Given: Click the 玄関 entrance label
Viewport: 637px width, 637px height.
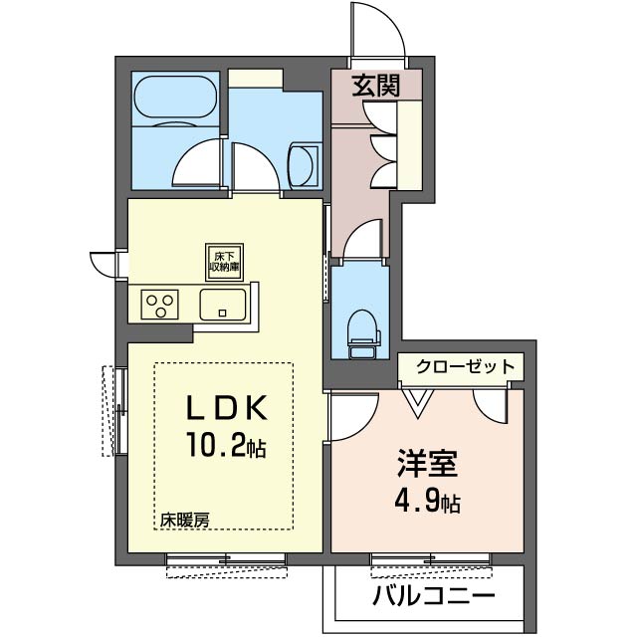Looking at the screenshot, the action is pyautogui.click(x=376, y=86).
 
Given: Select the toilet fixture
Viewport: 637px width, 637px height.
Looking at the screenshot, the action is pyautogui.click(x=363, y=334).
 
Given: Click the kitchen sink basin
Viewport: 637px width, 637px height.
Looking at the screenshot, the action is pyautogui.click(x=223, y=305).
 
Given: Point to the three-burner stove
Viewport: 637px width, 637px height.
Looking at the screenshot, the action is pyautogui.click(x=159, y=305).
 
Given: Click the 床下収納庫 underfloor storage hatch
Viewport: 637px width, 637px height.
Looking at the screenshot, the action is pyautogui.click(x=224, y=262).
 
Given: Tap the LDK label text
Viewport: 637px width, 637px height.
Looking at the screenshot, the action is pyautogui.click(x=226, y=407).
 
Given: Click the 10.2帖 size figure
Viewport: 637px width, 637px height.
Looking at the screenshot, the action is pyautogui.click(x=226, y=445).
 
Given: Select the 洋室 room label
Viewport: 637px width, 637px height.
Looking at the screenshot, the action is pyautogui.click(x=427, y=463).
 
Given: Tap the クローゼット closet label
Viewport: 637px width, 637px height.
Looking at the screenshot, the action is pyautogui.click(x=466, y=367).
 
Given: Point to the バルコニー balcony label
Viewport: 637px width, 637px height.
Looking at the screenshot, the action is pyautogui.click(x=434, y=596).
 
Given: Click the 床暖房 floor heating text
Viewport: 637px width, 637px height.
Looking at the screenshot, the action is pyautogui.click(x=184, y=520).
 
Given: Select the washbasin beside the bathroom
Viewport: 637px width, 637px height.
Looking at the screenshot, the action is pyautogui.click(x=303, y=166).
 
